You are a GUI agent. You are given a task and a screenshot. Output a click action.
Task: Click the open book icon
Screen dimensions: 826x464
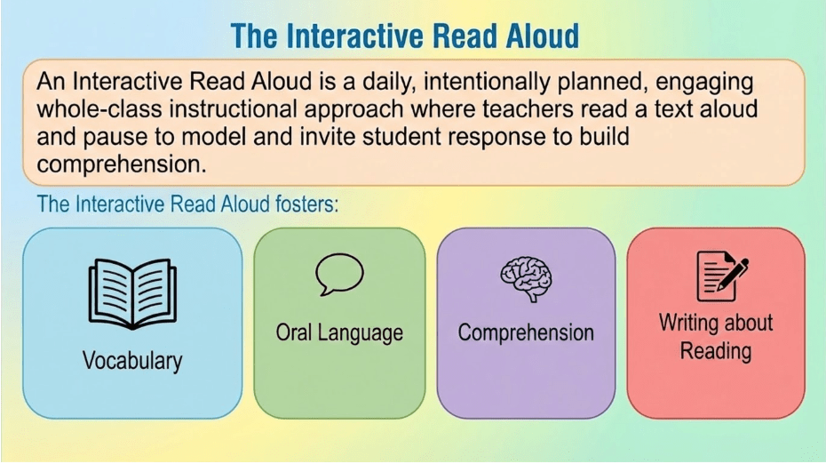pos(132,293)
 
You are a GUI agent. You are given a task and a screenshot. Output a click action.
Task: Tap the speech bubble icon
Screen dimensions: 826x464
pos(339,274)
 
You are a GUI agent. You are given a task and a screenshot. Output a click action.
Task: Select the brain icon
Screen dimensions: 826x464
pos(527,279)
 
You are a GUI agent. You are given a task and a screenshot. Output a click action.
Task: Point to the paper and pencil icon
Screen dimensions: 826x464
pos(722,276)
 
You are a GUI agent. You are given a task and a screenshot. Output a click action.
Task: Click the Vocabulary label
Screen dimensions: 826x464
pos(132,361)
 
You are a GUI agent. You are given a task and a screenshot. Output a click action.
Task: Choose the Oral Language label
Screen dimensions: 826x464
pos(339,333)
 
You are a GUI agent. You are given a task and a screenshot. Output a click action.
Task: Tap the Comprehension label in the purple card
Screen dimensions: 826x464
pos(526,333)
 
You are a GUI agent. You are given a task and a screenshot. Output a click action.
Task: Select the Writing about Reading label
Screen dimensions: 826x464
pos(716,337)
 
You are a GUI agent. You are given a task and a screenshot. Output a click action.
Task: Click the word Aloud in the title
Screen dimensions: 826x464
pos(543,36)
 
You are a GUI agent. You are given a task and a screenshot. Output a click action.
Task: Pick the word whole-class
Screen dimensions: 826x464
pos(99,109)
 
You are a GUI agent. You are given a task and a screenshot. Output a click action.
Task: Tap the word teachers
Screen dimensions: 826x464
pos(528,109)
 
